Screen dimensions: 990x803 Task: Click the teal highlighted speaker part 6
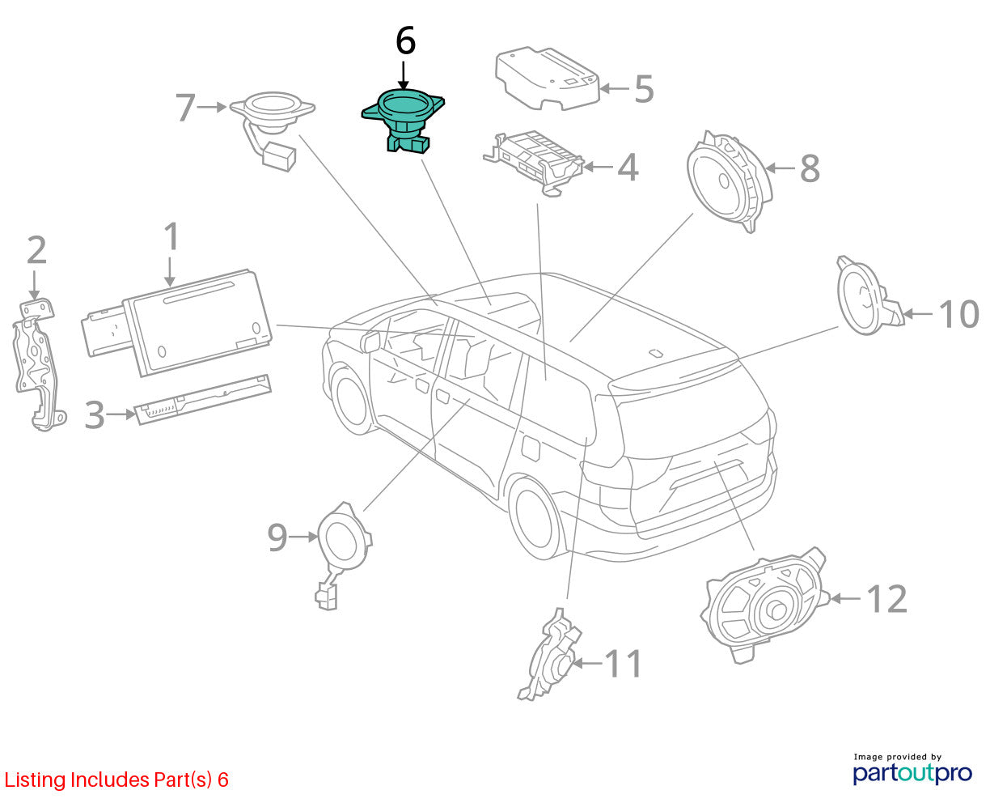coord(404,120)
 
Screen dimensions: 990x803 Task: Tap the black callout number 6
coord(405,41)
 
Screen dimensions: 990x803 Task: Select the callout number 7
coord(185,108)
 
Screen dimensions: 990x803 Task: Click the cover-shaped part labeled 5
coord(548,79)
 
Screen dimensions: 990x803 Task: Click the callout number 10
coord(959,315)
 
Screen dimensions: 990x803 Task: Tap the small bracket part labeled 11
coord(549,656)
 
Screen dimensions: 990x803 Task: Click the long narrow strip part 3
coord(203,400)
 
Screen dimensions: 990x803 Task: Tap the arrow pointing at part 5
coord(614,88)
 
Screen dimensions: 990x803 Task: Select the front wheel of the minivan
coord(351,401)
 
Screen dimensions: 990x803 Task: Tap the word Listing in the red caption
coord(35,780)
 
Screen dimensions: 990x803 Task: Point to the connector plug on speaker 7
coord(279,157)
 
